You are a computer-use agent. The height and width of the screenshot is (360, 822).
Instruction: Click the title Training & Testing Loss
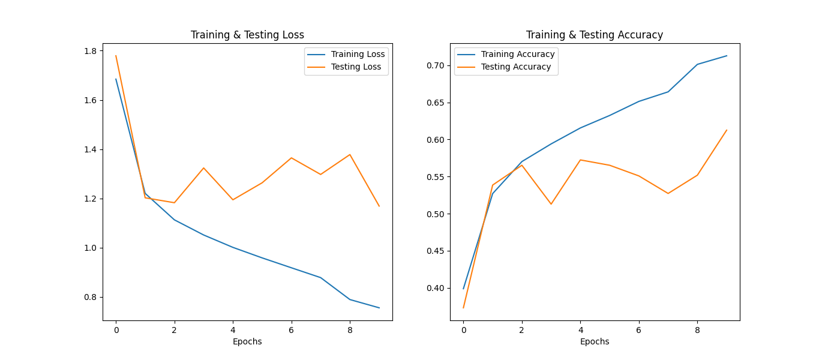(x=247, y=35)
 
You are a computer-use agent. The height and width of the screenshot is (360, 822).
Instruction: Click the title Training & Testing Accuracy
(x=595, y=35)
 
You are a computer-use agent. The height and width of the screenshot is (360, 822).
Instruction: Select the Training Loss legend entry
(x=358, y=54)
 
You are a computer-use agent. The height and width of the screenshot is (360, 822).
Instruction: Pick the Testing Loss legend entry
(x=356, y=67)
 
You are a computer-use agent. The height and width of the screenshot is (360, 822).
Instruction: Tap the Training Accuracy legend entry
(x=518, y=54)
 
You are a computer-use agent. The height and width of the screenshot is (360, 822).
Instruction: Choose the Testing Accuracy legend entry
(x=516, y=67)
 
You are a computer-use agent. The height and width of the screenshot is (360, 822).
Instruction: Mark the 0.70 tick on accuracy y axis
(x=435, y=65)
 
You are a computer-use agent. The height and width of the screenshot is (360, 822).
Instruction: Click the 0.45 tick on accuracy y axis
(x=435, y=251)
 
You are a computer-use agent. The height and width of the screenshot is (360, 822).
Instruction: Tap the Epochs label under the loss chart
(x=247, y=341)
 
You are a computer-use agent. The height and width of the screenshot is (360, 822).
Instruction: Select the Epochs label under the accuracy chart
(x=595, y=341)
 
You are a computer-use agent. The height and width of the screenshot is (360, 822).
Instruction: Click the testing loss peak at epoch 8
(x=350, y=154)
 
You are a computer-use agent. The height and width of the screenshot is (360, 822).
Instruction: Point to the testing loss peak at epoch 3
(x=203, y=168)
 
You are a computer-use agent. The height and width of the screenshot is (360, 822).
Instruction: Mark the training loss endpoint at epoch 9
(x=379, y=308)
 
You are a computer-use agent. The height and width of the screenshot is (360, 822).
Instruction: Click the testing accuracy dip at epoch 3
(x=551, y=204)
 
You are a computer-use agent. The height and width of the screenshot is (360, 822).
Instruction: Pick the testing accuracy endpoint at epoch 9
(x=727, y=130)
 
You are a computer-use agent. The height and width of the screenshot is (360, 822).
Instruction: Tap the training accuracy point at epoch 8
(x=697, y=64)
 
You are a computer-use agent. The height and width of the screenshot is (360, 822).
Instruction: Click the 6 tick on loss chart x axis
(x=292, y=329)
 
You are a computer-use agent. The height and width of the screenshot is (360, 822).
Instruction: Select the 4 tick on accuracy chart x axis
(x=580, y=329)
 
